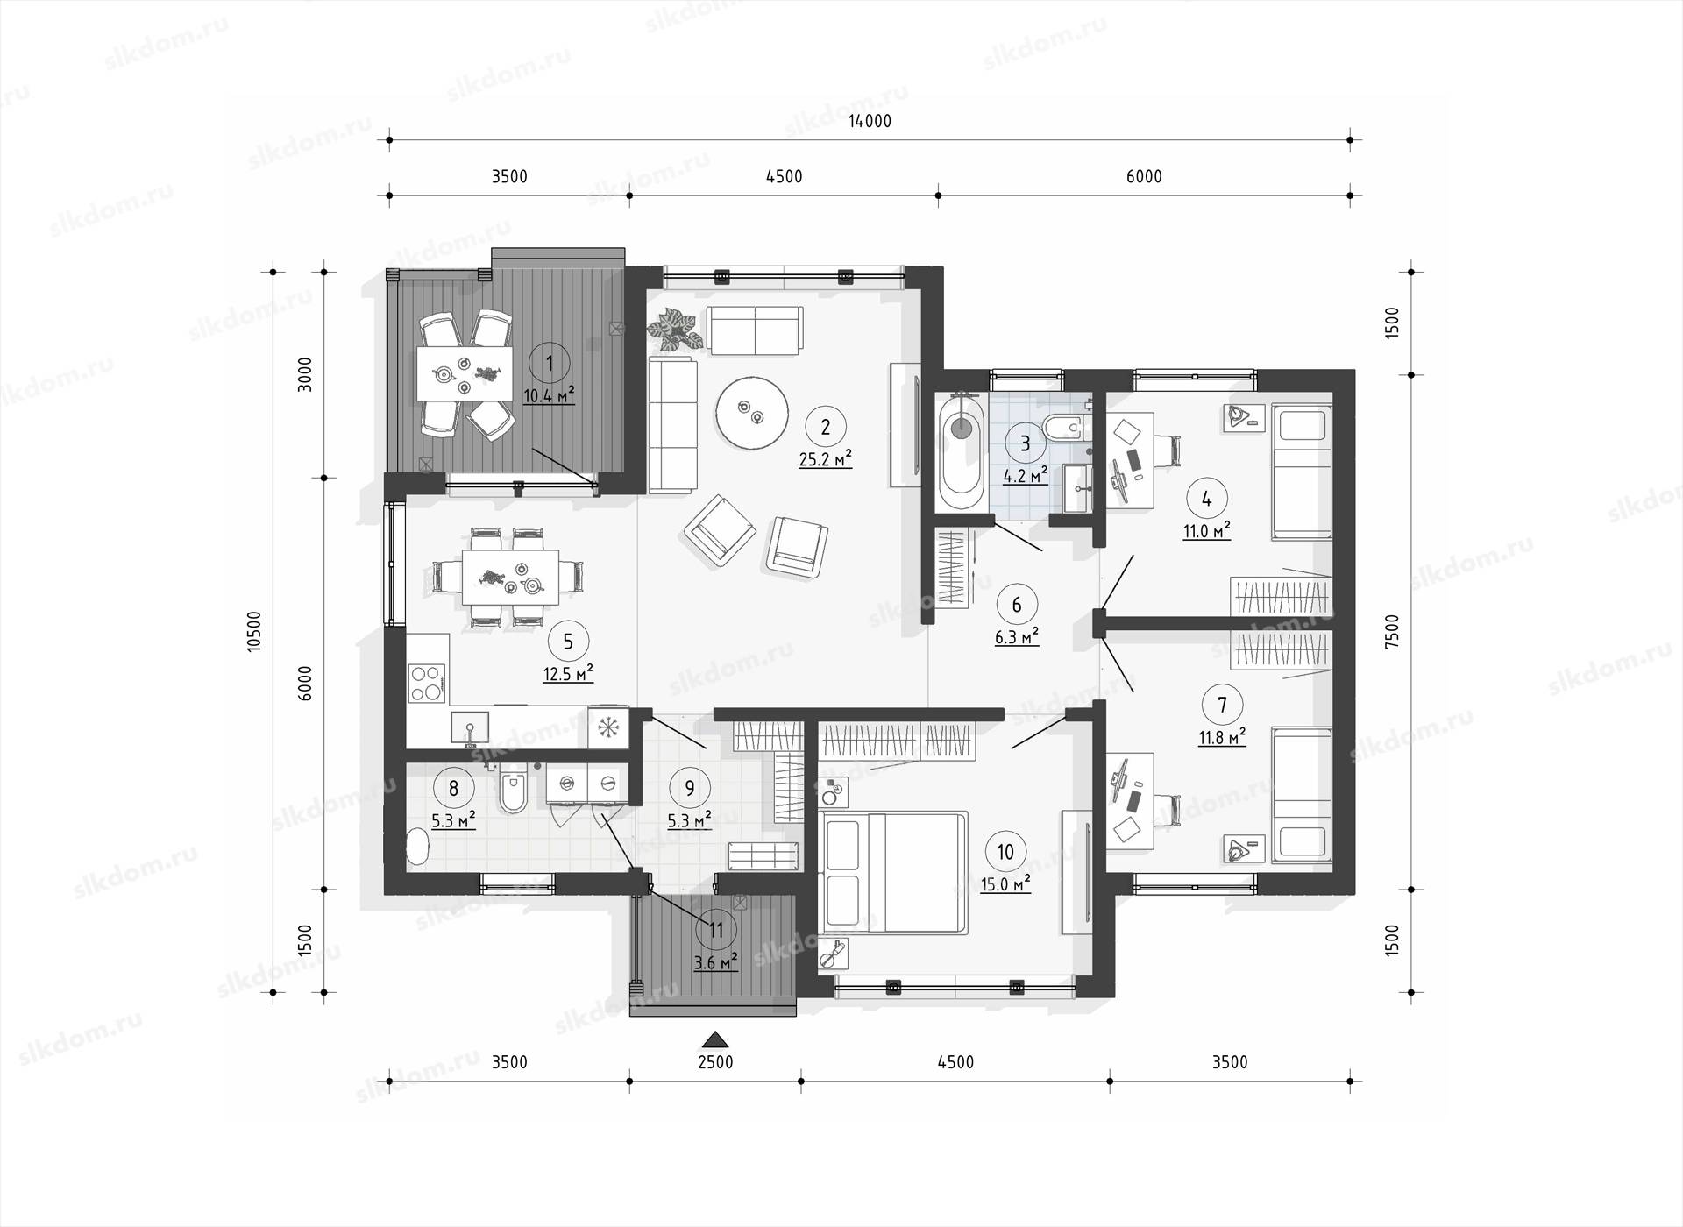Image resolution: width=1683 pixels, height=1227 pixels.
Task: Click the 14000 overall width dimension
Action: tap(870, 121)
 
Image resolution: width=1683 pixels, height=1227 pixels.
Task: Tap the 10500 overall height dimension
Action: tap(254, 631)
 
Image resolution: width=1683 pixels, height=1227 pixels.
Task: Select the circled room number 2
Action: tap(825, 427)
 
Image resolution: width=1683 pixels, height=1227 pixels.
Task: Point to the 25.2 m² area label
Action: tap(825, 458)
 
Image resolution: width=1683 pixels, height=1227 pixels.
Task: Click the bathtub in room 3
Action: tap(961, 451)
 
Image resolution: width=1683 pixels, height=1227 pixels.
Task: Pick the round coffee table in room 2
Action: tap(751, 413)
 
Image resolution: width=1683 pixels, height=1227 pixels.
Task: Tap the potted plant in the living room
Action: tap(675, 330)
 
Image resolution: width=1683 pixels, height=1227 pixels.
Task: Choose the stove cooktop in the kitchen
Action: tap(428, 684)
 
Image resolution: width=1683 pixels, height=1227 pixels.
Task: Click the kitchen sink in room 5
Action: tap(470, 727)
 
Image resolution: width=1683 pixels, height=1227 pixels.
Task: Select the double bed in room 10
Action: tap(893, 872)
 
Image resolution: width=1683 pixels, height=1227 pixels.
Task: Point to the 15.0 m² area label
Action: tap(1005, 884)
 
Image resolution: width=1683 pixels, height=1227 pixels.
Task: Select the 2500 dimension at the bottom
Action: tap(715, 1062)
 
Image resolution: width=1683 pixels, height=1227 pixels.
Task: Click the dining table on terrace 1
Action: tap(464, 373)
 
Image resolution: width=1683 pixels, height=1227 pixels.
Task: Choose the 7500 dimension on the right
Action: tap(1392, 631)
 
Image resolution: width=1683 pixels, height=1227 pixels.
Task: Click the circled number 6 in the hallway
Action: tap(1017, 605)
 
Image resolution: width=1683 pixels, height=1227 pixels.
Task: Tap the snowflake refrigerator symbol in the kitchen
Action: tap(608, 727)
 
